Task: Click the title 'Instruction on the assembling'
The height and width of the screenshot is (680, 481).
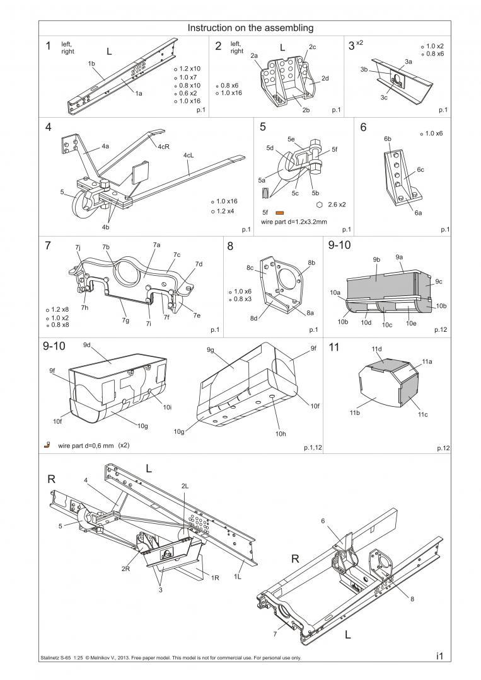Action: click(251, 28)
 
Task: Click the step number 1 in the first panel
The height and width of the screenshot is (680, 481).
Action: click(48, 46)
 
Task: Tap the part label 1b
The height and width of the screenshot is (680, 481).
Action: click(91, 64)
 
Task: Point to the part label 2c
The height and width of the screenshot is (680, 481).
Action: click(312, 47)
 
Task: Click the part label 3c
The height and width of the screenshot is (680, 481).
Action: click(383, 98)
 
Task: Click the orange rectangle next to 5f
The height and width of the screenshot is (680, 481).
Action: click(280, 213)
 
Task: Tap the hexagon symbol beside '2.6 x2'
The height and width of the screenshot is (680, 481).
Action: click(320, 205)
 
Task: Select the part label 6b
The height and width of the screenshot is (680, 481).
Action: click(387, 138)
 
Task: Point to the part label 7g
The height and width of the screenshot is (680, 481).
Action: click(125, 320)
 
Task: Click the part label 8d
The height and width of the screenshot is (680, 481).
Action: click(253, 318)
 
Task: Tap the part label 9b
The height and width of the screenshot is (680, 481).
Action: click(376, 259)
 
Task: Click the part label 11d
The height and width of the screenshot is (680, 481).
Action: click(376, 348)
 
